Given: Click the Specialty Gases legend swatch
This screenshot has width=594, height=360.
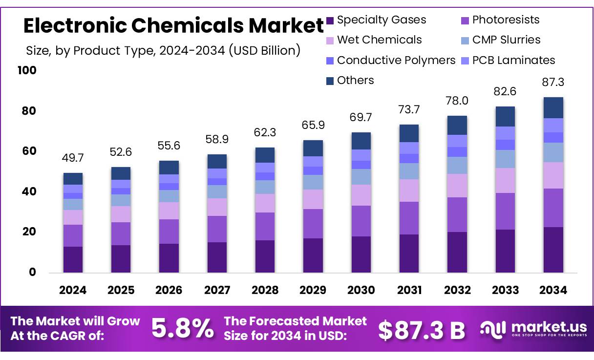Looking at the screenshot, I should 330,21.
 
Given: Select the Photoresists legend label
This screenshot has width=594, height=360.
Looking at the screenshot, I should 506,20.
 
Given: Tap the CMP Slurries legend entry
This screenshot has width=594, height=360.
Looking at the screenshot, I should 506,40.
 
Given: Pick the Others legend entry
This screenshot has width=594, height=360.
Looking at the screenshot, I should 355,81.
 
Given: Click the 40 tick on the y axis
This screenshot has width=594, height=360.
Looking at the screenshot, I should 29,192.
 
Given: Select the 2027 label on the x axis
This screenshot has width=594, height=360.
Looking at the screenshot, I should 217,290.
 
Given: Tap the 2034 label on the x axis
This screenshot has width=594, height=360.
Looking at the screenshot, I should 553,290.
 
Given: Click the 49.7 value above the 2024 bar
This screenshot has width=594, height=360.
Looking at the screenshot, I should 72,158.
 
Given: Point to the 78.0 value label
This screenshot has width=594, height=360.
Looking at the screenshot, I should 457,101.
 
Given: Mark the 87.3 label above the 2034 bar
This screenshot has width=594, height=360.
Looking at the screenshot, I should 553,82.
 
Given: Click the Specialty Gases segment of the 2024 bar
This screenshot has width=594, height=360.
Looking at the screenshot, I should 73,259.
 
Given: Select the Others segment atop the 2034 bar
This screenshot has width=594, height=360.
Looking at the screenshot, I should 553,107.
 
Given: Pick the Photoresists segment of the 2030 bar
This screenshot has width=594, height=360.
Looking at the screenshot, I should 361,221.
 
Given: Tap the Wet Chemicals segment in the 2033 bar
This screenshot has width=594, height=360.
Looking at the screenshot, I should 505,180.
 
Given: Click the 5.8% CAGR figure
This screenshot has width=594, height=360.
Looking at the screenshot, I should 182,328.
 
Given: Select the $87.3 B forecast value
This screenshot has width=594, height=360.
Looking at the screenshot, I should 422,330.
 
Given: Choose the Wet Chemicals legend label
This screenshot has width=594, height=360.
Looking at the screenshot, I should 379,40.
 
